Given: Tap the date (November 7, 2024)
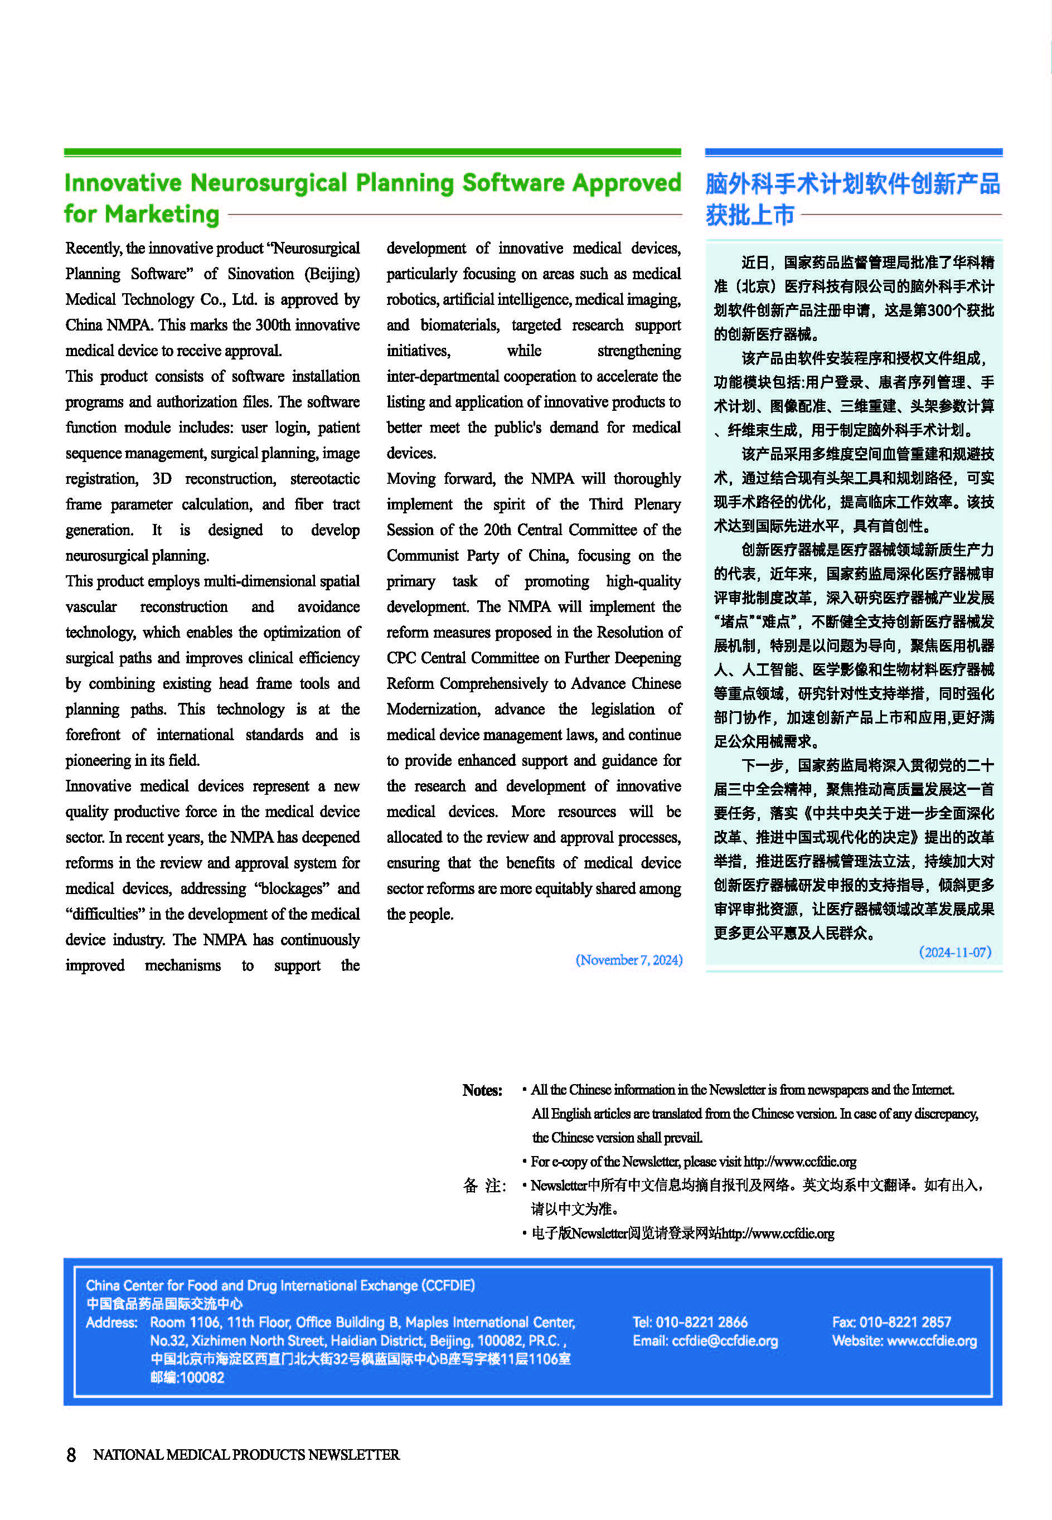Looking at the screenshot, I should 628,960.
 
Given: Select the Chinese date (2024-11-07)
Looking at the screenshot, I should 954,952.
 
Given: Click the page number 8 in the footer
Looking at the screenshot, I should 71,1455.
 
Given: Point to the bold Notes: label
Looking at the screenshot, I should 482,1090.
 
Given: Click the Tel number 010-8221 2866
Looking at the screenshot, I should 701,1322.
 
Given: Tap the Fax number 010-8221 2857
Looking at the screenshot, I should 904,1322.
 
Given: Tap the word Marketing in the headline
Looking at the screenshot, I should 162,215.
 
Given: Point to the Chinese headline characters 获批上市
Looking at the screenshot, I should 749,215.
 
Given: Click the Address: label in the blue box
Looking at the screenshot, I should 111,1322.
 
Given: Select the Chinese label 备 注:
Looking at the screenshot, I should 484,1186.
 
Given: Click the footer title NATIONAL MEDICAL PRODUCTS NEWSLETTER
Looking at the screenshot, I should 246,1455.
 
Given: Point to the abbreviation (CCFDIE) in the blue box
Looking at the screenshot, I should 448,1285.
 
